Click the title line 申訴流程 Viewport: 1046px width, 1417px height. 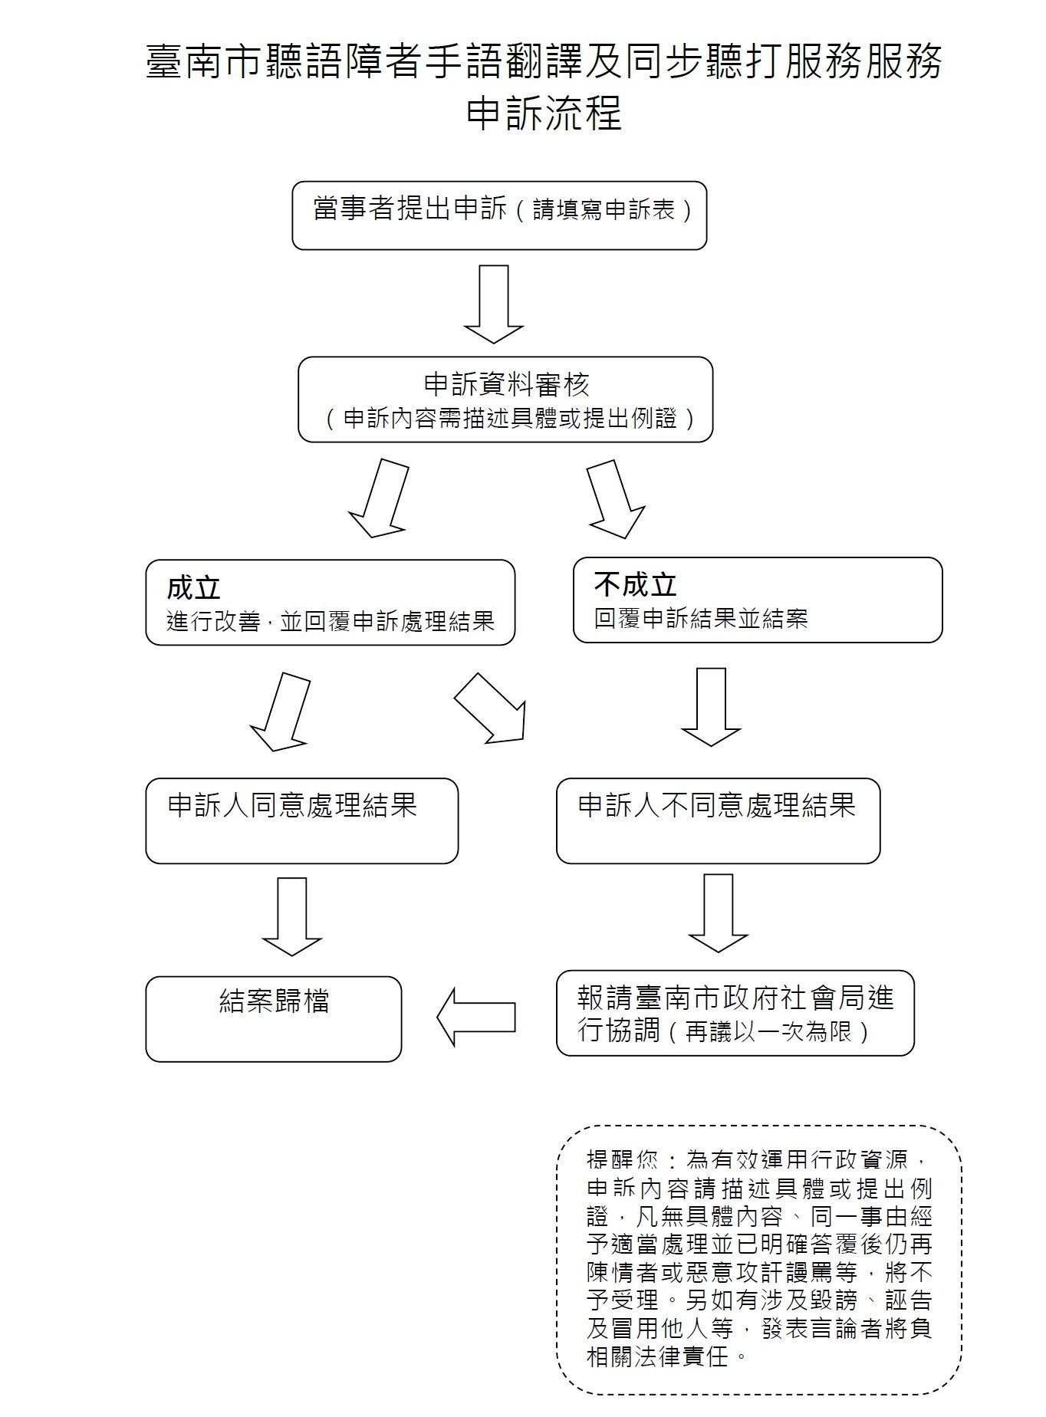(x=544, y=113)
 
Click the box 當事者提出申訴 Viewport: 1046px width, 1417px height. (x=499, y=215)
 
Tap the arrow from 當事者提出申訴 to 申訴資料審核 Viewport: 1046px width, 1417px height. (x=494, y=304)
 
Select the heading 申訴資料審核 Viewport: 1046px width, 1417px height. (x=506, y=384)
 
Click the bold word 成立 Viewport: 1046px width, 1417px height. (x=194, y=588)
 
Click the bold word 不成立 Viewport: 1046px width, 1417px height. (x=636, y=585)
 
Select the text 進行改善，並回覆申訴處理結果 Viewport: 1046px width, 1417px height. (x=331, y=621)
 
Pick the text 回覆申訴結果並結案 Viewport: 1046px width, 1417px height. (x=701, y=619)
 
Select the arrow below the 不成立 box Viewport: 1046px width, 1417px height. (x=711, y=706)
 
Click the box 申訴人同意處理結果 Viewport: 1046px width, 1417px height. (x=302, y=821)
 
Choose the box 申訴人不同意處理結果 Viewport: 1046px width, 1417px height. (x=718, y=821)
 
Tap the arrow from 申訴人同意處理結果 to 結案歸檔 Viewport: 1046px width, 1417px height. (x=292, y=916)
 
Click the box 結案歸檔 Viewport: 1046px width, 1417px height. (x=274, y=1019)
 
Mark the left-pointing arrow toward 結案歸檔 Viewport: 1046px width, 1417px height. (x=476, y=1017)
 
